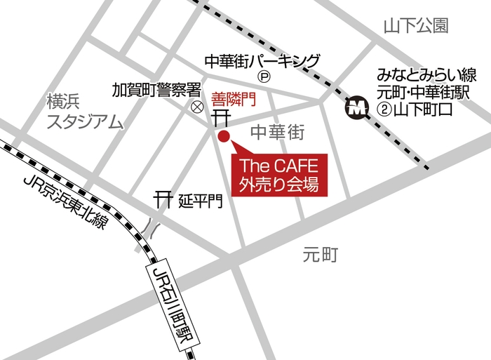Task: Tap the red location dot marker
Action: [x=224, y=136]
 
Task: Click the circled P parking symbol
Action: [x=264, y=76]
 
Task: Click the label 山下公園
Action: [x=415, y=27]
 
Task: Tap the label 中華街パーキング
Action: [x=262, y=60]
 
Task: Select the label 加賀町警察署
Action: [x=157, y=91]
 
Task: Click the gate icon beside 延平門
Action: [x=163, y=199]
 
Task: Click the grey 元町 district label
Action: [x=321, y=255]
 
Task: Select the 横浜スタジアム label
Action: [x=84, y=112]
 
